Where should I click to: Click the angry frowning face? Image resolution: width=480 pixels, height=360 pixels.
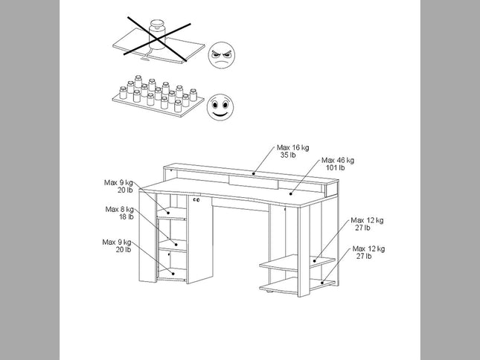222,55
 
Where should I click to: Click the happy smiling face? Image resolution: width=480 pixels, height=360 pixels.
220,107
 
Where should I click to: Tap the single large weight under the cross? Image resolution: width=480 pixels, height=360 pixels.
157,34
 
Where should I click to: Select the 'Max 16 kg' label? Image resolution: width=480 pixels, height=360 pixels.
293,147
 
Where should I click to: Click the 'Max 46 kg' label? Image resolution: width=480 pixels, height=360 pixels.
338,160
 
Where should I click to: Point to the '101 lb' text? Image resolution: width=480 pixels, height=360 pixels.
335,167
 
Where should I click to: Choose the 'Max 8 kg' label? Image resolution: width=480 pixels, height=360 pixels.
119,209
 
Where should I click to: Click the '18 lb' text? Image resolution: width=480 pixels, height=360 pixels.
127,216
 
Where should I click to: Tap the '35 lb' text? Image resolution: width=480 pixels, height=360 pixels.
288,155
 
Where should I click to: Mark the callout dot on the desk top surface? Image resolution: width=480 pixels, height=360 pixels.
291,193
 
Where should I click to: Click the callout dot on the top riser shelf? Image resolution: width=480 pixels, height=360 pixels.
254,174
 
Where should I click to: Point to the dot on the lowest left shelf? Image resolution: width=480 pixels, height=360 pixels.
173,274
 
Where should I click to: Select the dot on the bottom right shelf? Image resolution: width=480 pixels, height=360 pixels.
322,283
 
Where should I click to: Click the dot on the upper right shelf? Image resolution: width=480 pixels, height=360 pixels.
315,261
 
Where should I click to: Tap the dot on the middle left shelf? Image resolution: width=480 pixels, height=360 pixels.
176,244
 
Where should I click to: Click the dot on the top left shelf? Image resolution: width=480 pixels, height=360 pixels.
168,213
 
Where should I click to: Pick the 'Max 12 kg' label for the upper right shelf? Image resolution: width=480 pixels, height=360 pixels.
367,220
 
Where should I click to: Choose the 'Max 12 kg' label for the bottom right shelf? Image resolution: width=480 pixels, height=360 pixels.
368,248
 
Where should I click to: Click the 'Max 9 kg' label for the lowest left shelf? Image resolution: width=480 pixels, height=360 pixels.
117,242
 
